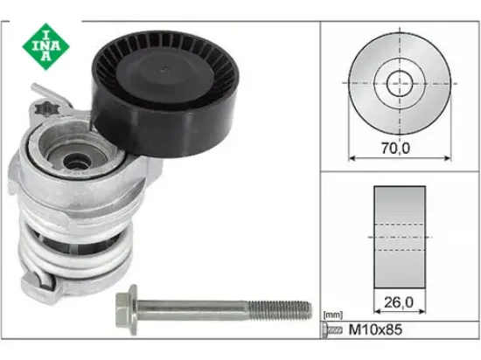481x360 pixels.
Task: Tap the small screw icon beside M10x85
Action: [330, 329]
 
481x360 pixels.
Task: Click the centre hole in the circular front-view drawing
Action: [400, 83]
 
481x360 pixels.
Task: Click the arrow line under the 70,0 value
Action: [399, 158]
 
